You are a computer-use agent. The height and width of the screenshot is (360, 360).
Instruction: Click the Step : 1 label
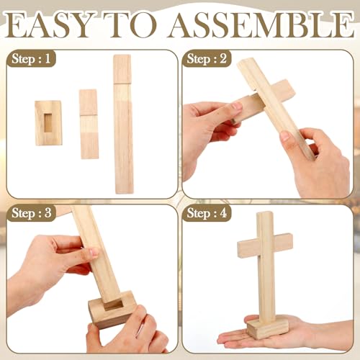31,58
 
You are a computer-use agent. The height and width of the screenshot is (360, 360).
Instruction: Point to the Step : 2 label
207,58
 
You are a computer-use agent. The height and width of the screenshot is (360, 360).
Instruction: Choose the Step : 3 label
31,213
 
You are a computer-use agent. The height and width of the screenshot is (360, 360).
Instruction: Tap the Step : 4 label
207,213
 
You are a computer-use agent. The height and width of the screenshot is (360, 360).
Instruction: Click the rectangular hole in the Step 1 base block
48,122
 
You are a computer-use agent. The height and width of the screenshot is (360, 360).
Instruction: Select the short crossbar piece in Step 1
89,124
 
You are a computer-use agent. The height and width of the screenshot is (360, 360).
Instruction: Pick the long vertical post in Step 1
123,124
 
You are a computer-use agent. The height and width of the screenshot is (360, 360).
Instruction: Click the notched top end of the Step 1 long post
122,69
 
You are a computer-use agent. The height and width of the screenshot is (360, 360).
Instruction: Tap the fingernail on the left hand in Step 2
238,106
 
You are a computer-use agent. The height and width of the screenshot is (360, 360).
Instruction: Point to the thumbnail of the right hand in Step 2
285,136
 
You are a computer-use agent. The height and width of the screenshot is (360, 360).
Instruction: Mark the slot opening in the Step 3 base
113,305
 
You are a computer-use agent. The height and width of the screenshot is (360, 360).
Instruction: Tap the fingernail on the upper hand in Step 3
93,252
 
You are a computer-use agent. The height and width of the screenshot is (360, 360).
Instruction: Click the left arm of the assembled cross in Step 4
247,248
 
